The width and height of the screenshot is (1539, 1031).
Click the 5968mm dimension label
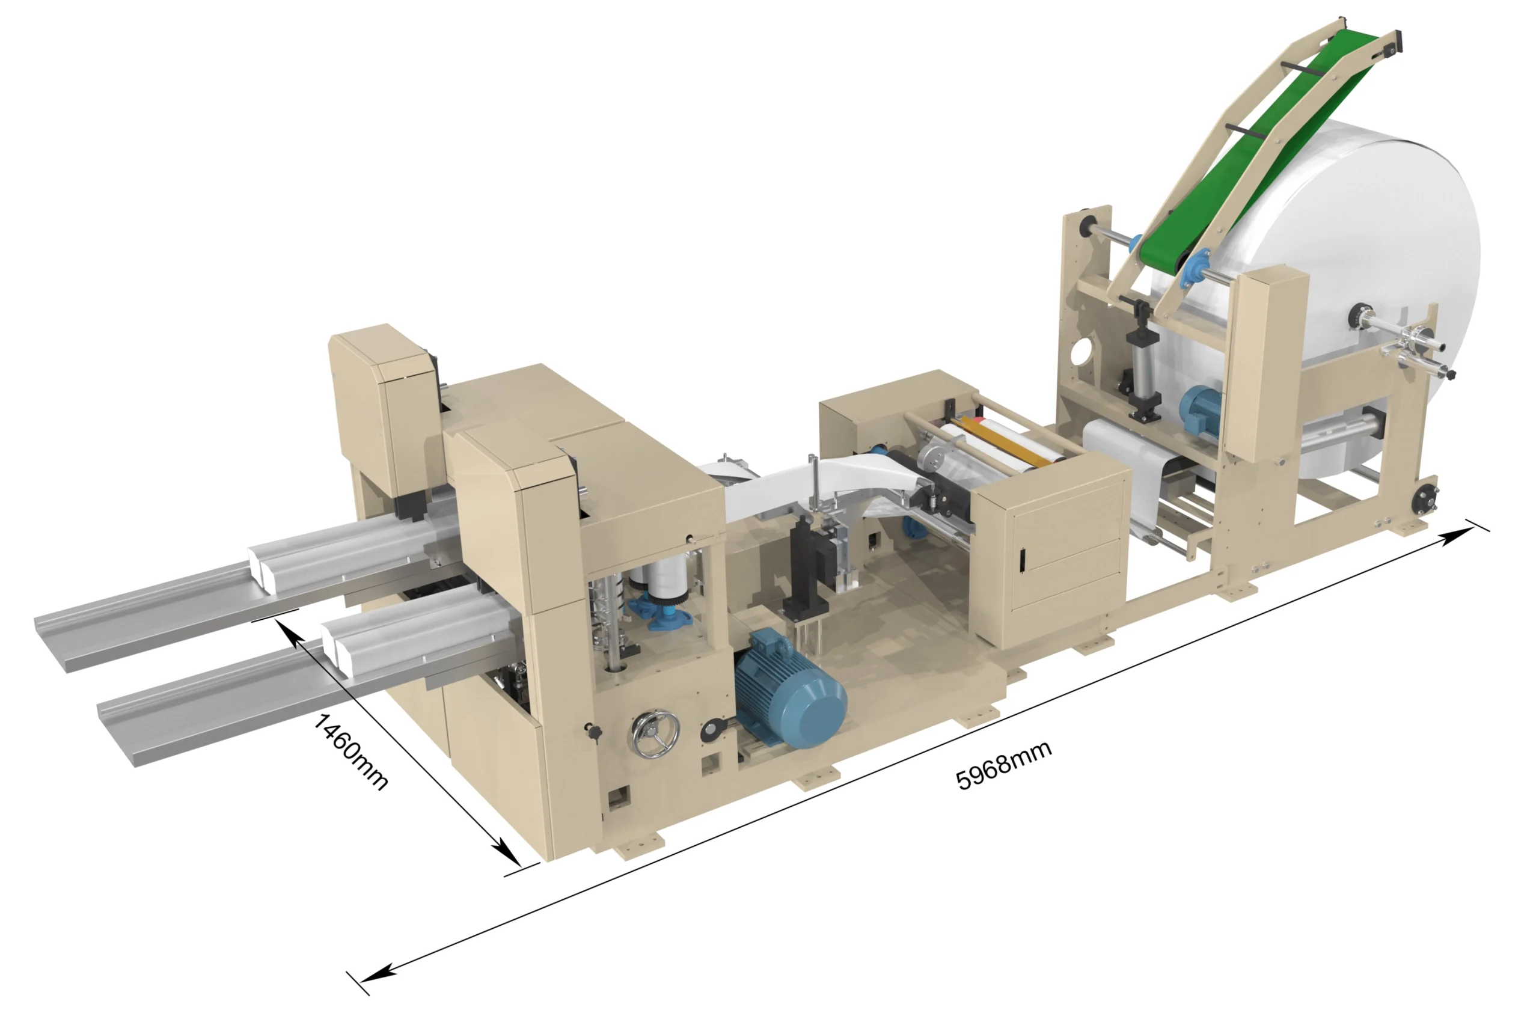1003,765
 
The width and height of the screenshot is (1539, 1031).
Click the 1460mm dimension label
350,751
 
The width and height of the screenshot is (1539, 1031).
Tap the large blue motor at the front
789,688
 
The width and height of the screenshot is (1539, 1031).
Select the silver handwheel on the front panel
655,734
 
